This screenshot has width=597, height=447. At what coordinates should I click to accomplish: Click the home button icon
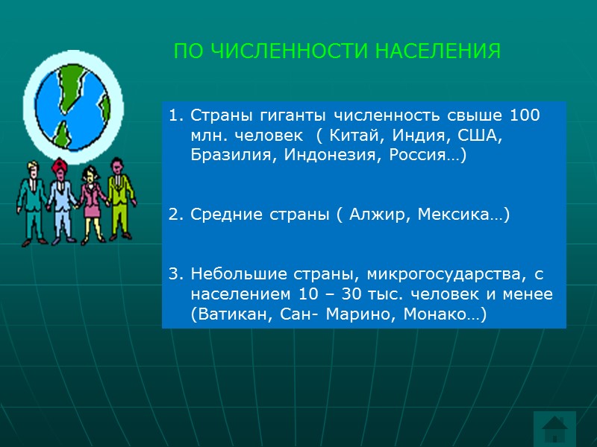[x=554, y=429]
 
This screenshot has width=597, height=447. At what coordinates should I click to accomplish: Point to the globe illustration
[x=72, y=104]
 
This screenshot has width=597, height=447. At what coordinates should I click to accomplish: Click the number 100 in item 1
[x=525, y=118]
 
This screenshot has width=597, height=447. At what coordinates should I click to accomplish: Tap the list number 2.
[x=174, y=215]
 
